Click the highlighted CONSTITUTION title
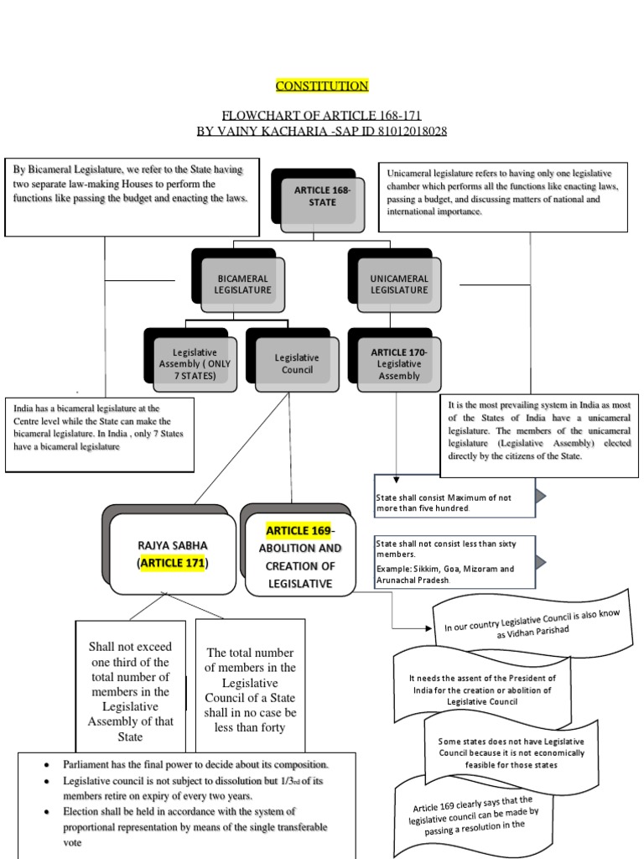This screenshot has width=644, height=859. (322, 86)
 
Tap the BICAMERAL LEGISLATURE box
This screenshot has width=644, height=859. (242, 284)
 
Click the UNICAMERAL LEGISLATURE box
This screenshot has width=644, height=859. (399, 284)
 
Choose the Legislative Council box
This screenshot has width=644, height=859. (297, 363)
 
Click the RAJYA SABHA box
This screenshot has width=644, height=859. (172, 554)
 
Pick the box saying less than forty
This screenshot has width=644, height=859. (250, 690)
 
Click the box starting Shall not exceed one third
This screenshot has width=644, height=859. (130, 691)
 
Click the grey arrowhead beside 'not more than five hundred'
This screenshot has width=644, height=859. (541, 497)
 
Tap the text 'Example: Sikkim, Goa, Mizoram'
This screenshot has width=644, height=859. (444, 568)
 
